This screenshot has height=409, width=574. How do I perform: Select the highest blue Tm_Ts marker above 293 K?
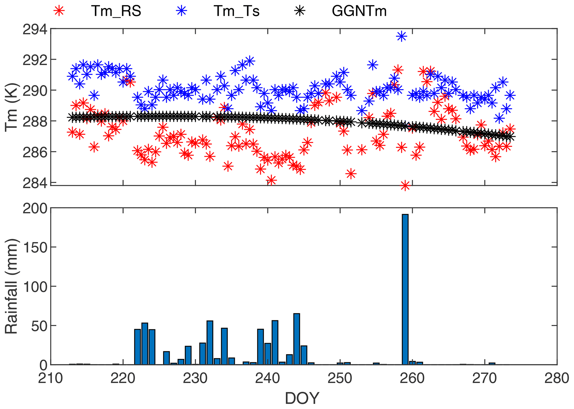(x=402, y=36)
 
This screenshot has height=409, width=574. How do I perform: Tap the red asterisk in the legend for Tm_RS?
(x=59, y=11)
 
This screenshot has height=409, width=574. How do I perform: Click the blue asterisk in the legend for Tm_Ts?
(x=182, y=11)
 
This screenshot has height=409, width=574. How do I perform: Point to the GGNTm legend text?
(x=359, y=11)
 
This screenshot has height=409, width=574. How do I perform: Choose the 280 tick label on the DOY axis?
(x=557, y=378)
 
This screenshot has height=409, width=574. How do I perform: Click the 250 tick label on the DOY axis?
(x=340, y=378)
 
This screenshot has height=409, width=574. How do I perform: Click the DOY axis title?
(x=302, y=398)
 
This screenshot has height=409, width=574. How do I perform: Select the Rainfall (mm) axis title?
(x=12, y=286)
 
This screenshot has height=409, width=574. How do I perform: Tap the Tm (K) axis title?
(x=12, y=107)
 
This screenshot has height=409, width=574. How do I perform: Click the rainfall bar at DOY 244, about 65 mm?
(x=297, y=339)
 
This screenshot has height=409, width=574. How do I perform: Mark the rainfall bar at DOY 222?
(x=137, y=347)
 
